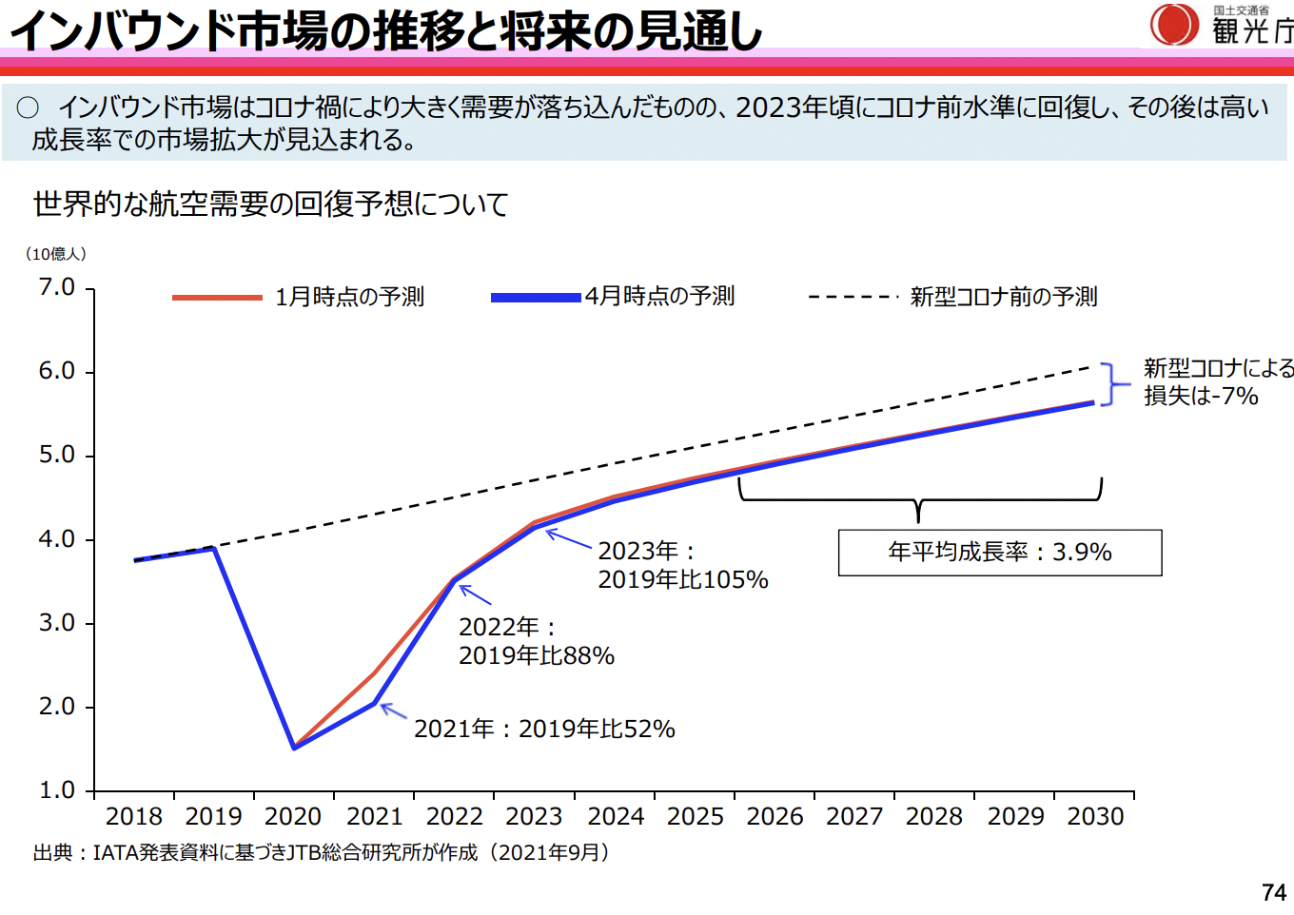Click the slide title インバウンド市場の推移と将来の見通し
tap(385, 30)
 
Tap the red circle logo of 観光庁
tap(1174, 25)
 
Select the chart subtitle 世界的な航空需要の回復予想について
tap(270, 204)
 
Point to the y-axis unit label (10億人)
tap(55, 254)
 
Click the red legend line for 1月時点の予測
tap(217, 298)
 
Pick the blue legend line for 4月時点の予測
tap(536, 298)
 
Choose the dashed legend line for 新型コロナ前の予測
tap(853, 298)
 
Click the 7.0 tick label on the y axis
tap(56, 287)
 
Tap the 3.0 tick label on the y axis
tap(56, 623)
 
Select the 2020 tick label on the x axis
tap(293, 817)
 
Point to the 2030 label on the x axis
tap(1095, 817)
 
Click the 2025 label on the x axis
tap(695, 817)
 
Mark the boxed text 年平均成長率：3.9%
tap(999, 553)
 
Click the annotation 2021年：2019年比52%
tap(544, 730)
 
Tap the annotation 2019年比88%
tap(537, 656)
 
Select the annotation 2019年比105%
tap(682, 580)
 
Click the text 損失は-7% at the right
tap(1201, 397)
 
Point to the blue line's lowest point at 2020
tap(294, 748)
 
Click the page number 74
tap(1273, 893)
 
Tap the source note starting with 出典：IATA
tap(322, 853)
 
